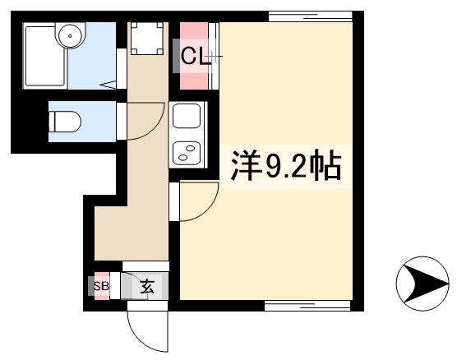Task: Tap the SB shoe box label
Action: tap(101, 287)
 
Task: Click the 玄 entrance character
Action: tap(146, 287)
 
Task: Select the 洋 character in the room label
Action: tap(241, 168)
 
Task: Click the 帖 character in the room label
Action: tap(326, 168)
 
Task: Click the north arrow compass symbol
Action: tap(422, 284)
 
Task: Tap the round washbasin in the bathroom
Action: tap(72, 35)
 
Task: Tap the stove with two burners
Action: tap(186, 153)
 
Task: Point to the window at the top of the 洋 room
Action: tap(316, 16)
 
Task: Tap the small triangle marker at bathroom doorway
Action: tap(108, 83)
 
